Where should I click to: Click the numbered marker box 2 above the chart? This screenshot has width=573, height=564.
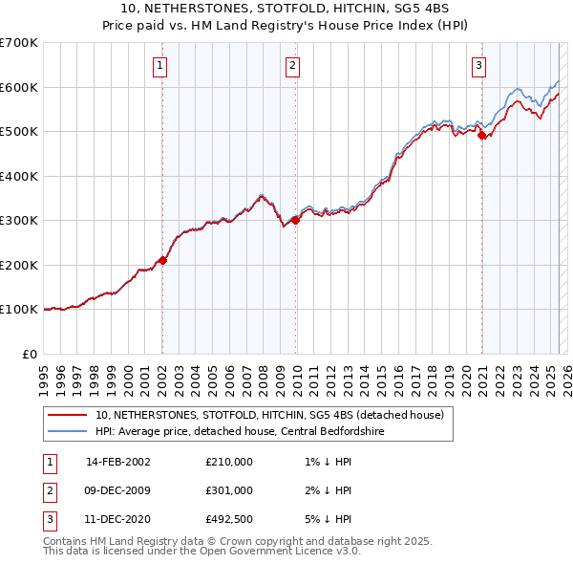[292, 66]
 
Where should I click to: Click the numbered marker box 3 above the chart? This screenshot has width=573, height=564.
[478, 66]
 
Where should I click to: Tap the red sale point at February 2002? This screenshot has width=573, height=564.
[162, 260]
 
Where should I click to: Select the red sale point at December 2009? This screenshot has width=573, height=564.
[295, 220]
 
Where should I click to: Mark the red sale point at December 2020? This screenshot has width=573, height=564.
[481, 135]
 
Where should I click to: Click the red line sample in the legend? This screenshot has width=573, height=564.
[69, 415]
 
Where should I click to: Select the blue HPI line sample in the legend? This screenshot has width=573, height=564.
[69, 431]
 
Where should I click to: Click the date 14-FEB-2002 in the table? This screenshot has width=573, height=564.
[118, 462]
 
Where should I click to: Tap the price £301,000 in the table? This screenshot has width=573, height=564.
[229, 490]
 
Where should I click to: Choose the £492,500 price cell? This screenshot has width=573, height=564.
[229, 519]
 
